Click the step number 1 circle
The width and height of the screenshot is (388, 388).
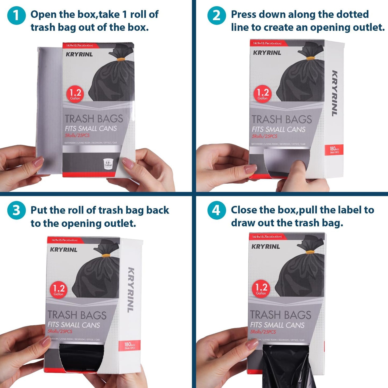pos(16,15)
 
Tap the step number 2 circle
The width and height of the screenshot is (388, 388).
pos(216,15)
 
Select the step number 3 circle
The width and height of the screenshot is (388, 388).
pos(16,210)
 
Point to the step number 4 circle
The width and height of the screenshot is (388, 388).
pos(216,210)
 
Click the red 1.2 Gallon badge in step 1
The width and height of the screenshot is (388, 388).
pos(75,94)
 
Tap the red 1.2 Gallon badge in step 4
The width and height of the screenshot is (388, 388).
pos(261,289)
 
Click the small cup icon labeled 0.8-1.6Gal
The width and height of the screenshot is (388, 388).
pos(108,164)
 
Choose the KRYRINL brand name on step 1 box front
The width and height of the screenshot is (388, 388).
pos(79,55)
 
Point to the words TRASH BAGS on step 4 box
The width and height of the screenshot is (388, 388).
pos(281,315)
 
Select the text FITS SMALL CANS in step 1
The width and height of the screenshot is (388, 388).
pos(91,129)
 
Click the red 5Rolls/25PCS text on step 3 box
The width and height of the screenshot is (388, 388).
pos(60,331)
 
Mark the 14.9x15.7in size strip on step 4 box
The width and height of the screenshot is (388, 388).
pos(267,237)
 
